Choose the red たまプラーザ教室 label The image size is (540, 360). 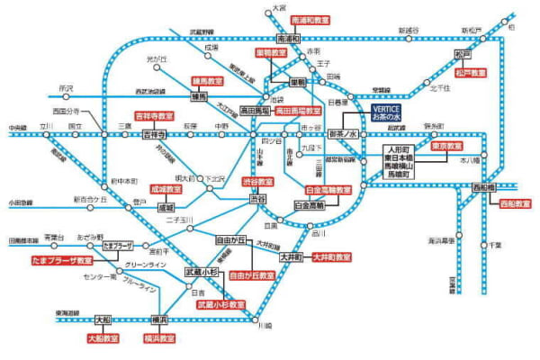tap(60, 260)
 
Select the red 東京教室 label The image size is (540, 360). tap(447, 145)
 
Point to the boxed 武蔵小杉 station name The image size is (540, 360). tap(202, 272)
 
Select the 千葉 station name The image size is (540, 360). tap(494, 245)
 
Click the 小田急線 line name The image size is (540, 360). tap(22, 203)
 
